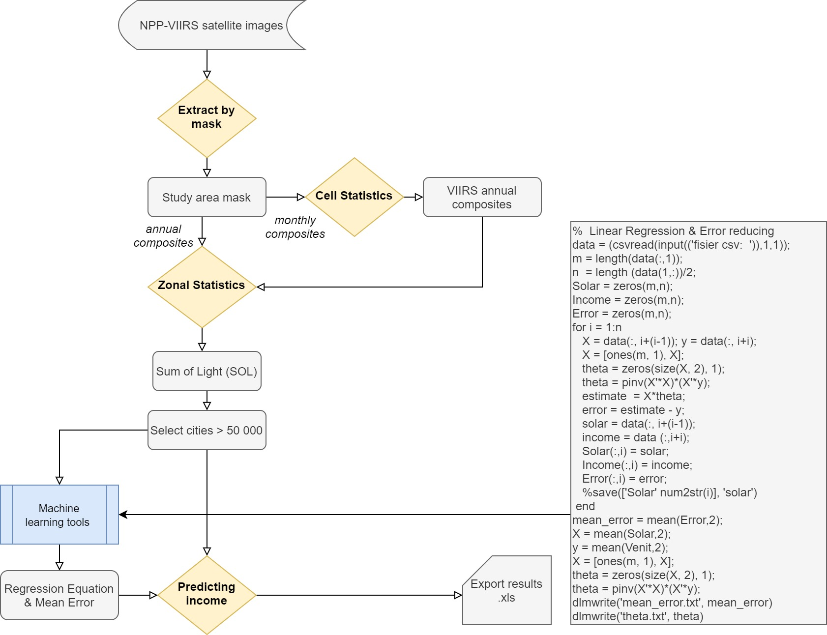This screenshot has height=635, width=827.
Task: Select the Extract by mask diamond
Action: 207,118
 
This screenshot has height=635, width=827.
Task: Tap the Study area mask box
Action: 207,197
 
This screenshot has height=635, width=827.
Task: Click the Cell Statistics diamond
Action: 354,197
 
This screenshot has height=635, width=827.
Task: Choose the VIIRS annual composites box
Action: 482,197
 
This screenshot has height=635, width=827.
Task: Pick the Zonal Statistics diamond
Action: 202,287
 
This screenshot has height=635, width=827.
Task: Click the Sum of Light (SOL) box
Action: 207,371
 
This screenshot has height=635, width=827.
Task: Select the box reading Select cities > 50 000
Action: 207,430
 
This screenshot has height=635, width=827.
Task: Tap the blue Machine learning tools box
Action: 59,515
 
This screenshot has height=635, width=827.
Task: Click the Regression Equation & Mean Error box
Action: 59,595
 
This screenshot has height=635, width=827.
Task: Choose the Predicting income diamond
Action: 207,595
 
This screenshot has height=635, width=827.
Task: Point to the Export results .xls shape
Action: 507,590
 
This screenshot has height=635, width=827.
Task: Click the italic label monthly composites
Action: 295,227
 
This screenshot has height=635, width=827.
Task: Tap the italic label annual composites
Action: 163,236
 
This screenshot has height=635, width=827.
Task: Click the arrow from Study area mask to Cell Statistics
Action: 286,197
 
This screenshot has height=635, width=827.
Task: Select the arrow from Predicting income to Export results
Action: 359,595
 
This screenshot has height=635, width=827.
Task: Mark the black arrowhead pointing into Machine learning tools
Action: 123,515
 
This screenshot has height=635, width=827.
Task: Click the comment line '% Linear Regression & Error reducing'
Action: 673,231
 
